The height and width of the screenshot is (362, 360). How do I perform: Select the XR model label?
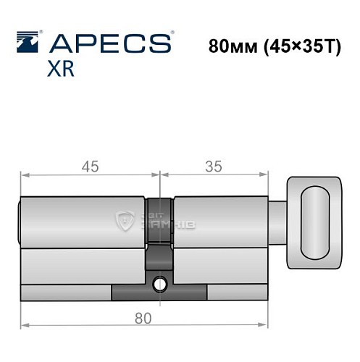point(62,70)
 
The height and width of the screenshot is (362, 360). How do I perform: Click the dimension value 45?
point(90,166)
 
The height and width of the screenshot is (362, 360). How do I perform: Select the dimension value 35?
point(213,166)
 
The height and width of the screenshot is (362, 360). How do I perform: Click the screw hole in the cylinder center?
point(160,283)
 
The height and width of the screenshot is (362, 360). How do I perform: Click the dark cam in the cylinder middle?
point(160,257)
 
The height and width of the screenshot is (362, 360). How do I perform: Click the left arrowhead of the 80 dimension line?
point(24,321)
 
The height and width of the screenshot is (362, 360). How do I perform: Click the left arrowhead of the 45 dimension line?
point(24,174)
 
